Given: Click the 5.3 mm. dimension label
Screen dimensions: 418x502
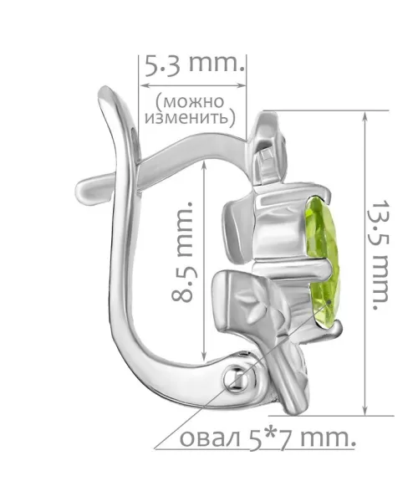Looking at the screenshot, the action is coord(195,65).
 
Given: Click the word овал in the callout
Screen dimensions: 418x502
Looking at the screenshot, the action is coord(210,438).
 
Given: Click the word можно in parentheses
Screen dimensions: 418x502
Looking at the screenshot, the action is coord(191,102).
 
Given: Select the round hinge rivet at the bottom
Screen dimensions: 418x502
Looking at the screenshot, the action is coord(237,379).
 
